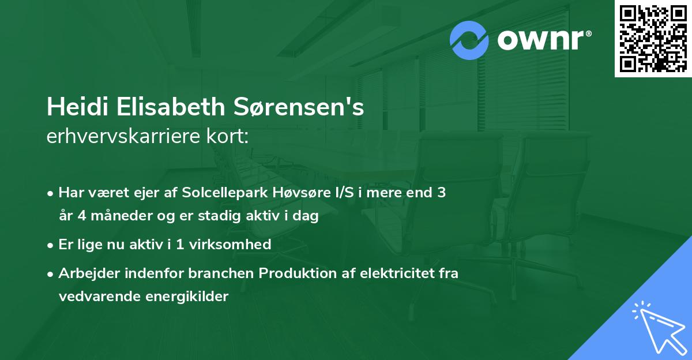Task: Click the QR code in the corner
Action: (x=653, y=38)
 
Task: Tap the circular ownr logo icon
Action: (x=469, y=40)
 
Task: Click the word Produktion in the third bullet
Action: (x=295, y=273)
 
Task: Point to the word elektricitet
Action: (x=393, y=273)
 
